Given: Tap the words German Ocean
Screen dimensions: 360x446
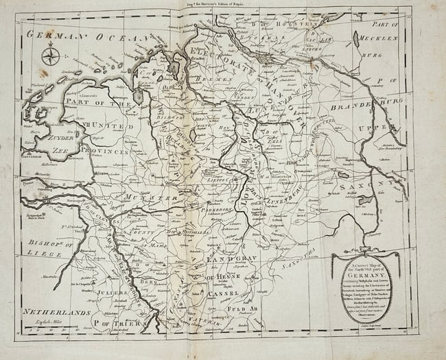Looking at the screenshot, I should (x=89, y=37).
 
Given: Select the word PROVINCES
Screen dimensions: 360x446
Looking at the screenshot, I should (x=104, y=150).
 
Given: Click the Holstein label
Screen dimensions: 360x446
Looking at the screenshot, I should (x=282, y=24).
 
